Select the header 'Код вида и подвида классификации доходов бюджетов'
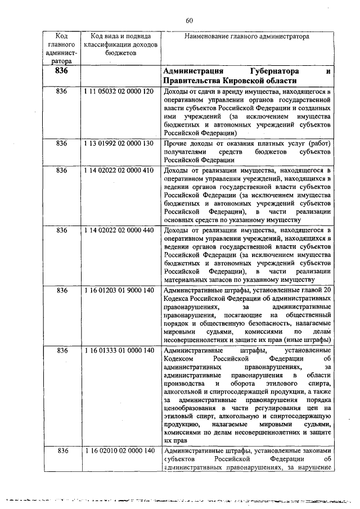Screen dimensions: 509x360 point(120,44)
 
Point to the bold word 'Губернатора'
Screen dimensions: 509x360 point(270,72)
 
